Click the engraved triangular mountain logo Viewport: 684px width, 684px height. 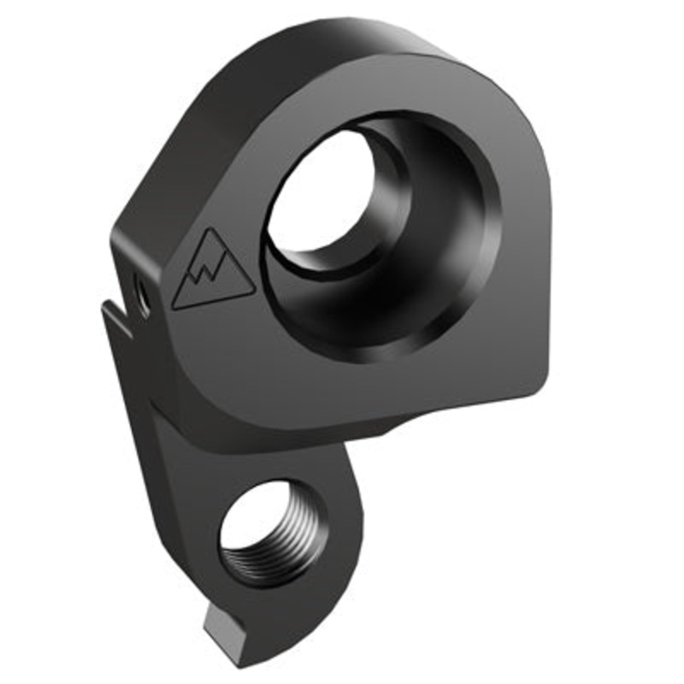(x=212, y=271)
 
